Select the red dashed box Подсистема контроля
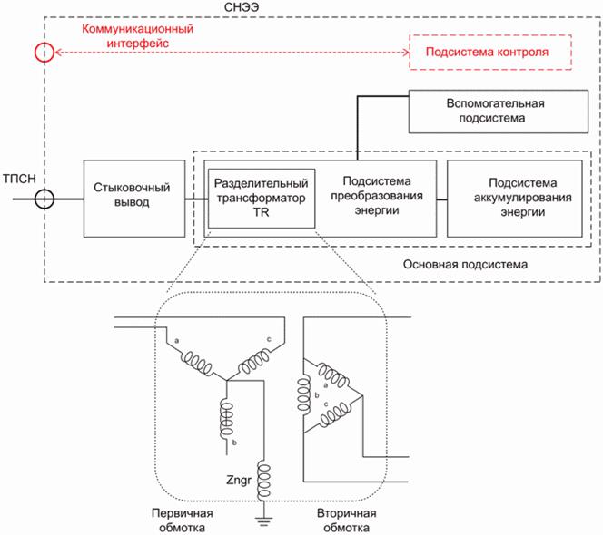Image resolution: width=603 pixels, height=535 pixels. [491, 53]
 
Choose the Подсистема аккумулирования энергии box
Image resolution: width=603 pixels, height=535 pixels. [515, 198]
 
